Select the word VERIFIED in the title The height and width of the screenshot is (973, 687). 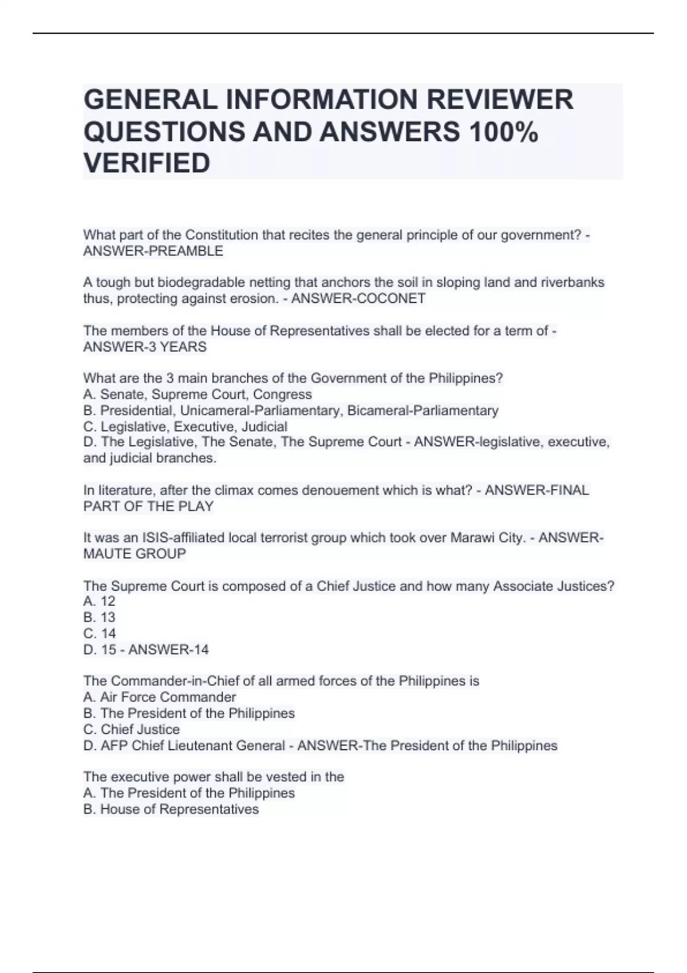[x=147, y=164]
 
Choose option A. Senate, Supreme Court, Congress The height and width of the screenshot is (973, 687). [x=198, y=394]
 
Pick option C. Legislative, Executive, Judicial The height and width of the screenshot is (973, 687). [x=185, y=426]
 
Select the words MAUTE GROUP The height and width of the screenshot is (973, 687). [x=135, y=554]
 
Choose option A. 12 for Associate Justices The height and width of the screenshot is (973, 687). [x=99, y=602]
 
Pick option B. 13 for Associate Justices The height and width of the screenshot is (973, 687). [x=99, y=618]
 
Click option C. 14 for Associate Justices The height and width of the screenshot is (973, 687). [x=99, y=634]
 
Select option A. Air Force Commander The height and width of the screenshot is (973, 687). [x=159, y=697]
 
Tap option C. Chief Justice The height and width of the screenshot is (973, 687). [x=131, y=729]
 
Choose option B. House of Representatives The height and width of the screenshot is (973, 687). [x=171, y=809]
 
